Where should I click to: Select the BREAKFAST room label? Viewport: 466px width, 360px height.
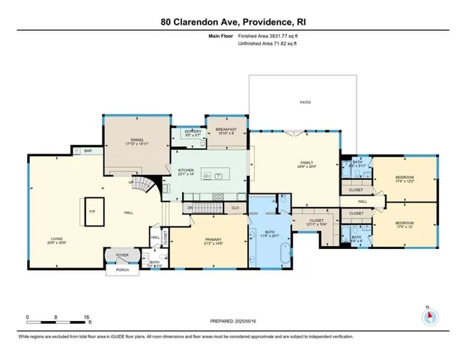pos(226,130)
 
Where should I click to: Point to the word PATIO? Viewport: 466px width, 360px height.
pos(305,102)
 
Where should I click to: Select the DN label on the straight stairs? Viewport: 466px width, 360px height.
pos(190,207)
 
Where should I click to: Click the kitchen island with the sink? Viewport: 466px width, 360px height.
pos(217,177)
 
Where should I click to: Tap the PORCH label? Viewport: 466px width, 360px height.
pos(121,271)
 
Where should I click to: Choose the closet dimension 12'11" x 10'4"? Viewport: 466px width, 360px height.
pos(317,224)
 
